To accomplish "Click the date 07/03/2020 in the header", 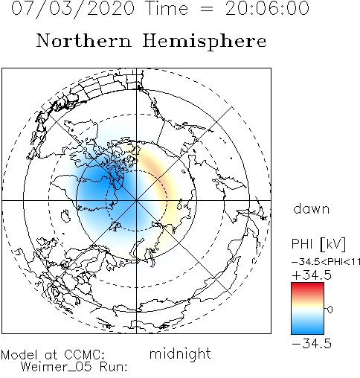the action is pos(73,8).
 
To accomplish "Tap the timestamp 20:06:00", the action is pos(267,8).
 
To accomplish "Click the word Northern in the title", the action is pos(84,40).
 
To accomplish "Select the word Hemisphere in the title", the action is pos(205,42).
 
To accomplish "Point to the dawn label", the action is pos(312,209).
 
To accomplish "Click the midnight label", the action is pos(180,353).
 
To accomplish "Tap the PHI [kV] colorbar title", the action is pos(318,244).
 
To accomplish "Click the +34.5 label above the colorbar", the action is pos(312,275).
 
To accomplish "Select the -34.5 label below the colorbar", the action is pos(312,344).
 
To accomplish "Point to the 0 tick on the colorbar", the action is pos(330,310).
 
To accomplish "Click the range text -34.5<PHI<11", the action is pos(326,262).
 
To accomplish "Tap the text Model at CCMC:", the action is pos(53,355).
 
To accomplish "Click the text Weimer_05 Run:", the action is pos(74,367).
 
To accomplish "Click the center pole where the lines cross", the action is pos(136,200).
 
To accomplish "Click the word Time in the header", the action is pos(167,8).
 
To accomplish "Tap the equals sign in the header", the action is pos(207,10).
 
